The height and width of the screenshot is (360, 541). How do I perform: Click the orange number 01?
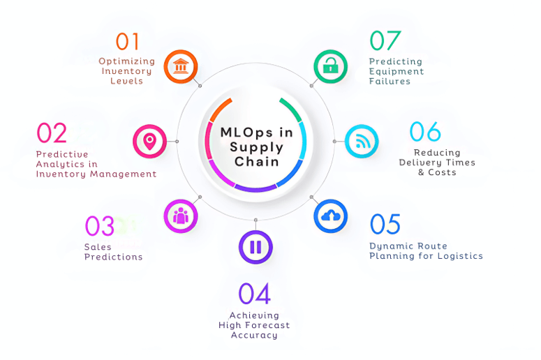pos(127,42)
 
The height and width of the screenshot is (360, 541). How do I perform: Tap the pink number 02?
pos(52,133)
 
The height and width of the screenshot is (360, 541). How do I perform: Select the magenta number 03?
pos(100,226)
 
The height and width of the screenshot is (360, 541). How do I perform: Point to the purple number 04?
pos(254,294)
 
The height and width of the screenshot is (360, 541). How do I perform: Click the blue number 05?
pos(385,225)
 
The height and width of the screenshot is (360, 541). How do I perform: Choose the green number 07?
pos(385,40)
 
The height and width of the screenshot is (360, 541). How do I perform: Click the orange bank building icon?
pos(181,67)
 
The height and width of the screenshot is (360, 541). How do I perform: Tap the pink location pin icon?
pos(149,142)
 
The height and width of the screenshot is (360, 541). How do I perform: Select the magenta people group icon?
pos(181,216)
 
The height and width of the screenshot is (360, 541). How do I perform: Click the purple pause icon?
pos(255,247)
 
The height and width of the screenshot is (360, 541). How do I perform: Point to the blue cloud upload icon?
pos(330,216)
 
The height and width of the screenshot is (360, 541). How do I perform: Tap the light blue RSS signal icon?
pos(362,142)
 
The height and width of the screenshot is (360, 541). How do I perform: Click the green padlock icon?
pos(330,67)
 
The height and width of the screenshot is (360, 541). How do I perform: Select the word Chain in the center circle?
pos(256,162)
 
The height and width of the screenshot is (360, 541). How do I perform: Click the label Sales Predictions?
pos(113,252)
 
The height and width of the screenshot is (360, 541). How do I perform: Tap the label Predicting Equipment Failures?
pos(396,71)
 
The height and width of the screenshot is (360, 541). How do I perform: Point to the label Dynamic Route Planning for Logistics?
pos(426,251)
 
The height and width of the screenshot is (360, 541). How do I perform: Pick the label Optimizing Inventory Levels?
pos(126,71)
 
